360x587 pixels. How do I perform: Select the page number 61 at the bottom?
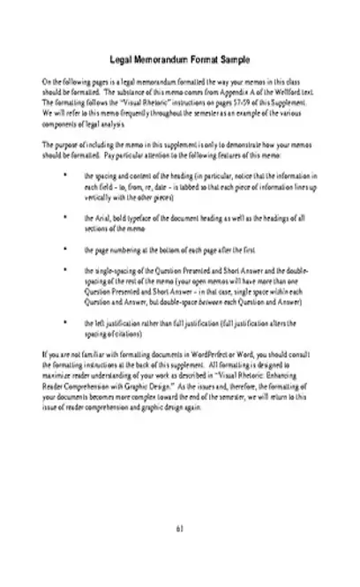[179, 529]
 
